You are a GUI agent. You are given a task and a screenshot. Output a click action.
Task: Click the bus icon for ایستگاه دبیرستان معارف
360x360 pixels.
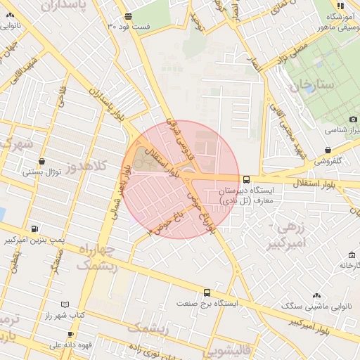tap(246, 179)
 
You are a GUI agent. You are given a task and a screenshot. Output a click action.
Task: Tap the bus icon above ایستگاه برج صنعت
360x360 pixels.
tap(207, 292)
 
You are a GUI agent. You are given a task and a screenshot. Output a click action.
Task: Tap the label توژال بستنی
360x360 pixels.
tap(43, 172)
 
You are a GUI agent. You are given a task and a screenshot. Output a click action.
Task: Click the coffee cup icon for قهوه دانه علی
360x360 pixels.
tap(70, 334)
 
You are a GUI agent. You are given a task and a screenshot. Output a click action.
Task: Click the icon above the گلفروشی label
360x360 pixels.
tap(330, 149)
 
